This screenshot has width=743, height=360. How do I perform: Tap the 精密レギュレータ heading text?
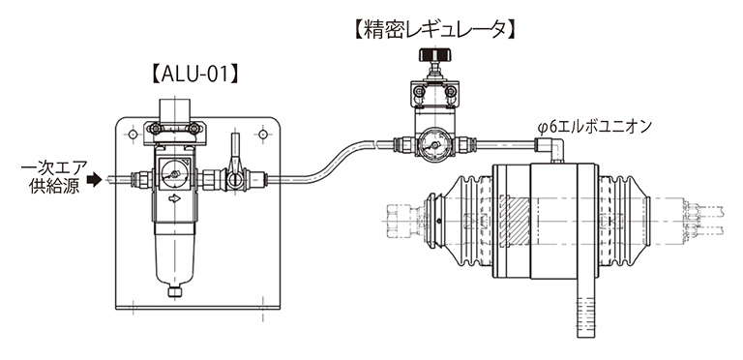point(434,30)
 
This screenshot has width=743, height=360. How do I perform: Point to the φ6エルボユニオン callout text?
point(595,127)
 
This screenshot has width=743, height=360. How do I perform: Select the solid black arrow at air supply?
point(95,180)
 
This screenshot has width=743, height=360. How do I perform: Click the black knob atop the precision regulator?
point(435,54)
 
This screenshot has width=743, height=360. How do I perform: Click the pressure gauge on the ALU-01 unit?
point(174,174)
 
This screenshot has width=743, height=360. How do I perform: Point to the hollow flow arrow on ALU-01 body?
point(175,199)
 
